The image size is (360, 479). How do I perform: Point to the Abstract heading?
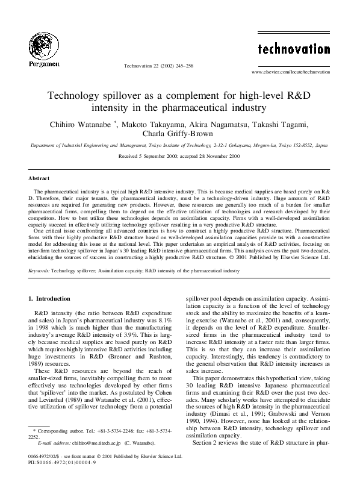39,178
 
